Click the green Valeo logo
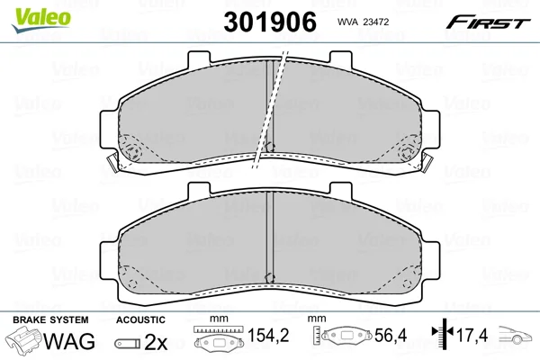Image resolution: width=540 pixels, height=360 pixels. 41,21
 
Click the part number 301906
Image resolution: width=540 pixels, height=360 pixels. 270,22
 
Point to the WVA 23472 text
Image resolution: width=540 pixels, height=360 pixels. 363,22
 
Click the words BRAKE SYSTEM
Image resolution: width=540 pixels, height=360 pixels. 50,320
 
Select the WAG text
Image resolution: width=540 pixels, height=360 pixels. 69,341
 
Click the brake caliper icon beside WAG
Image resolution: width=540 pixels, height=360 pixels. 23,339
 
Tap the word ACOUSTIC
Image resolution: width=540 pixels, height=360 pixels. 140,320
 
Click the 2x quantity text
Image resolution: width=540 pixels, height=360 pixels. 156,342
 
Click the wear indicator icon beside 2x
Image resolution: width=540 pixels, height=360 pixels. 128,344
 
